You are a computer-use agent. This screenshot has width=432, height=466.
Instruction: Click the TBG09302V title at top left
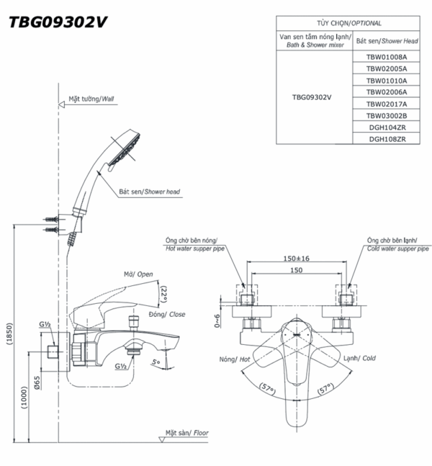[58, 22]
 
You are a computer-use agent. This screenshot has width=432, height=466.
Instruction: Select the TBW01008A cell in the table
[387, 55]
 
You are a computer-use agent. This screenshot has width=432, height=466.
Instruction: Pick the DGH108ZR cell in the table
[387, 139]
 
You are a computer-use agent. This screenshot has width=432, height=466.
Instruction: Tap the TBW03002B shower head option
[387, 115]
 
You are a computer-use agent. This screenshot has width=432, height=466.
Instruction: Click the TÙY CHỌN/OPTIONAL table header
[353, 23]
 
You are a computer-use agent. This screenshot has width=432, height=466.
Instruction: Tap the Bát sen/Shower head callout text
[150, 192]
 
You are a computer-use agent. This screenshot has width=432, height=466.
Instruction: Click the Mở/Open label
[139, 274]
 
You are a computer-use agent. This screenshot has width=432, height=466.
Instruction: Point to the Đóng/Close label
[168, 314]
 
